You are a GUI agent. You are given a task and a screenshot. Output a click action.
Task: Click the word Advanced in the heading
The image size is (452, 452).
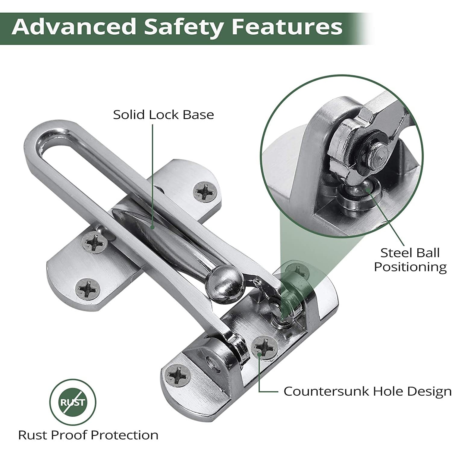(74, 27)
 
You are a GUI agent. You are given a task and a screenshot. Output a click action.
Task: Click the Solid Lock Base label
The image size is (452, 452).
(163, 115)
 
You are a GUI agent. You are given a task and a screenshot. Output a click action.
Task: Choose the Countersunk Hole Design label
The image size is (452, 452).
(367, 391)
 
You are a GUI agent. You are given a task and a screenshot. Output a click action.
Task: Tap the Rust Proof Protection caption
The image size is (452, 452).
(88, 435)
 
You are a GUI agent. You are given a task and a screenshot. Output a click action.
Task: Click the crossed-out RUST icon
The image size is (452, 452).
(73, 402)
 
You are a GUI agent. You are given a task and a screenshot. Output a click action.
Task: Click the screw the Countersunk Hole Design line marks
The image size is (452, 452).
(265, 348)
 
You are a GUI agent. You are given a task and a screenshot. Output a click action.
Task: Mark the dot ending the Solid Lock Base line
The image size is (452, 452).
(153, 228)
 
